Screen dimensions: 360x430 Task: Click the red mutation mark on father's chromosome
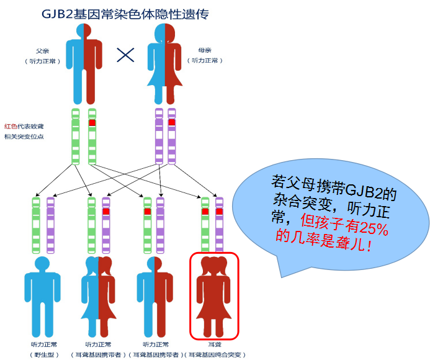(92, 123)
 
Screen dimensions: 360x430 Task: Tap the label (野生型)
(44, 354)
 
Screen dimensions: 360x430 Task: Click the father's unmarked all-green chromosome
(75, 135)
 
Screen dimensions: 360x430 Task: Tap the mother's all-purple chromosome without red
(158, 135)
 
